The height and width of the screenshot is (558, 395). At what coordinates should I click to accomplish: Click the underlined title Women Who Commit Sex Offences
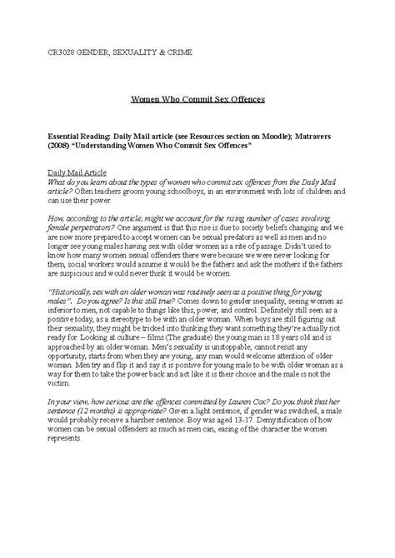pos(197,98)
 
